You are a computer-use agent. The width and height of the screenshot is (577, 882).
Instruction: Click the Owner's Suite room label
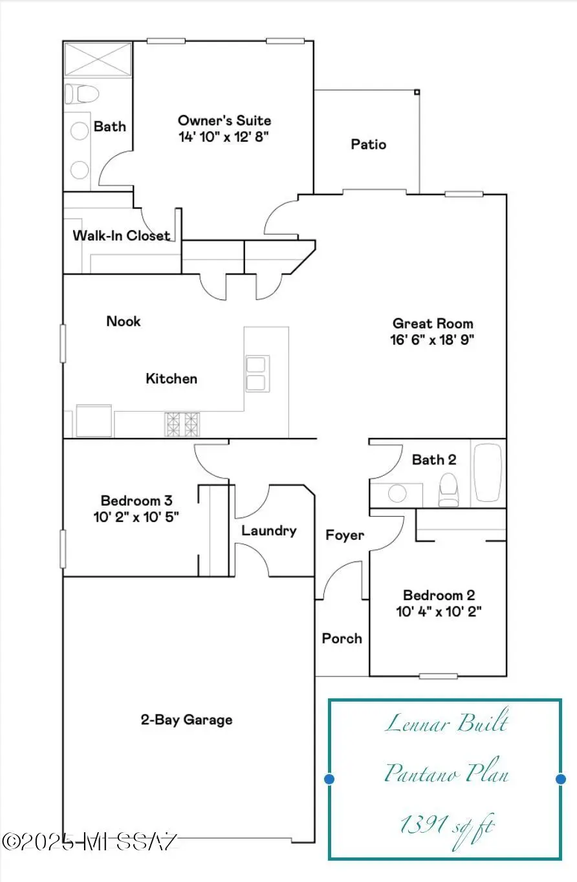point(224,120)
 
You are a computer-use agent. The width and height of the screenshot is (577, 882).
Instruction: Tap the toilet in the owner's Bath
point(82,94)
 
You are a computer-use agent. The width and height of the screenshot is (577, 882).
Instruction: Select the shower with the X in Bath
point(98,59)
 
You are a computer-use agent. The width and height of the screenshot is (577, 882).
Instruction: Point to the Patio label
point(368,144)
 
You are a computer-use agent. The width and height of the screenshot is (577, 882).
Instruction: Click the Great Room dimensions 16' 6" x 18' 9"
point(432,339)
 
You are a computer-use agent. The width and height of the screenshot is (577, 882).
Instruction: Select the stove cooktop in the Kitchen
point(182,424)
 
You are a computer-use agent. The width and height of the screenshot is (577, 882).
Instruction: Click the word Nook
point(124,321)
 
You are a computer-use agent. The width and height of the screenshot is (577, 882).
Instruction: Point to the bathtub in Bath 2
point(488,473)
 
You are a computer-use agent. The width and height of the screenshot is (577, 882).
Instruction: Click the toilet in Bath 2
point(449,490)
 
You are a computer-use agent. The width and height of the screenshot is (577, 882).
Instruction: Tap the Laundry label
point(268,531)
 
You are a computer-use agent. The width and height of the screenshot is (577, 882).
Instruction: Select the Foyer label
point(345,535)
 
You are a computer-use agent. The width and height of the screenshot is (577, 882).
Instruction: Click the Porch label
point(342,638)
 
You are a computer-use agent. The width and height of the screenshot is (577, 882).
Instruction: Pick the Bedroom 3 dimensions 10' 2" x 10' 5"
point(136,517)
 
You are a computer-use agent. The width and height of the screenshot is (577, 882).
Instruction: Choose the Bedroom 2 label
point(439,595)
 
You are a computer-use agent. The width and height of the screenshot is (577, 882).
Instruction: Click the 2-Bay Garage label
point(187,720)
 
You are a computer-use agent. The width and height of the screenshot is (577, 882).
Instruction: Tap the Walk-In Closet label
point(122,235)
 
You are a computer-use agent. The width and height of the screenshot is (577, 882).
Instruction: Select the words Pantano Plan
point(446,772)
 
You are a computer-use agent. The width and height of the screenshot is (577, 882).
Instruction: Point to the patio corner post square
point(417,92)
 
